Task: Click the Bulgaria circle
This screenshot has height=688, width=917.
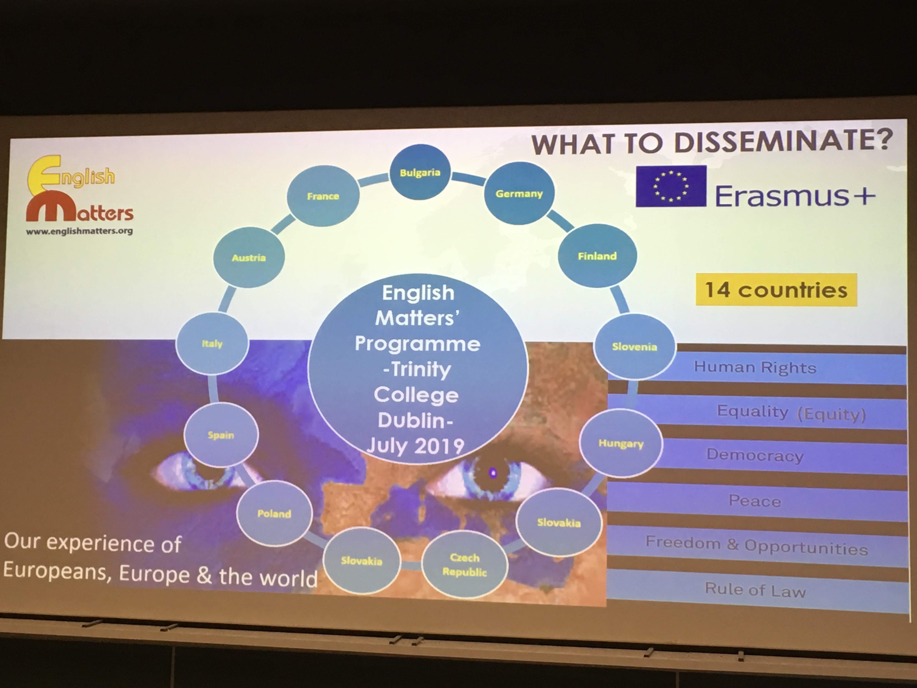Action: pyautogui.click(x=420, y=172)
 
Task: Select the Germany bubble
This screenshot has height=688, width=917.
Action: pyautogui.click(x=519, y=193)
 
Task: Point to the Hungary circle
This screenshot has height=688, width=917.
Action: pyautogui.click(x=621, y=443)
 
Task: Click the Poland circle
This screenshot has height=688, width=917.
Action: pyautogui.click(x=274, y=513)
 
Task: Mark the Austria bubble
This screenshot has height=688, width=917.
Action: pyautogui.click(x=249, y=258)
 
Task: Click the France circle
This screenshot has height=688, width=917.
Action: pyautogui.click(x=323, y=196)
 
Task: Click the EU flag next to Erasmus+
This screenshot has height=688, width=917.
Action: pyautogui.click(x=671, y=186)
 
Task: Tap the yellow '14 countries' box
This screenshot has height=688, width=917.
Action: pyautogui.click(x=776, y=289)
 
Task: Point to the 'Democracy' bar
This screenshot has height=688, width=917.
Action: pyautogui.click(x=755, y=455)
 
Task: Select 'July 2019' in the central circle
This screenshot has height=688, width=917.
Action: pyautogui.click(x=415, y=446)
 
